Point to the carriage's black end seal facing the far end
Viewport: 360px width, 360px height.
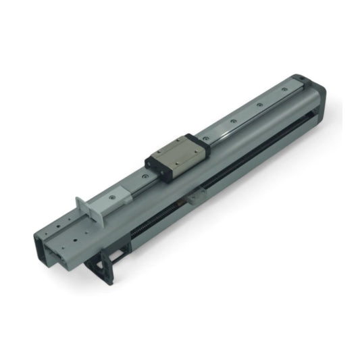(x=203, y=145)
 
